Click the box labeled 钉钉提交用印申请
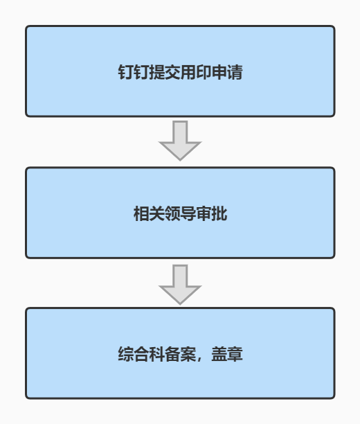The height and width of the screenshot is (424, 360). coord(180,71)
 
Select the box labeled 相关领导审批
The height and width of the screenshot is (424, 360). coord(180,213)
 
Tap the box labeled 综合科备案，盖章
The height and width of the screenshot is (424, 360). coord(180,353)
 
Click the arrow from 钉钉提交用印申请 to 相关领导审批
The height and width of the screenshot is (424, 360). coord(180,141)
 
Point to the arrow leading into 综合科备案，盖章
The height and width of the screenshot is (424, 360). coord(180,285)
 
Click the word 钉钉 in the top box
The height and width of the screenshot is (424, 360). coord(134,72)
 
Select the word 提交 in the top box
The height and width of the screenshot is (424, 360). coord(165,72)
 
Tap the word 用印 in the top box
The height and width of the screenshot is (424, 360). coord(196,72)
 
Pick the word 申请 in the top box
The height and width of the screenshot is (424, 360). coord(227,72)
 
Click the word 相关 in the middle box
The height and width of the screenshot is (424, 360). coord(149,213)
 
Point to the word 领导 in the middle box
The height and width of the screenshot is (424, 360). coord(180,213)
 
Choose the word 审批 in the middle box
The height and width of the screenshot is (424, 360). coord(211,213)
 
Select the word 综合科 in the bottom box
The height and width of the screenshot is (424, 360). coord(141,354)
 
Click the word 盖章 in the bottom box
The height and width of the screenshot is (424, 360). coord(227,354)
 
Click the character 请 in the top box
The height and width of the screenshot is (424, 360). coord(235,72)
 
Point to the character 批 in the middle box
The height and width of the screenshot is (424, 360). coord(219,213)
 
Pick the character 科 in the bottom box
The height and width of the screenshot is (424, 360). coord(156,354)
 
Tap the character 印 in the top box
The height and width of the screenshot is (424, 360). coord(204,72)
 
